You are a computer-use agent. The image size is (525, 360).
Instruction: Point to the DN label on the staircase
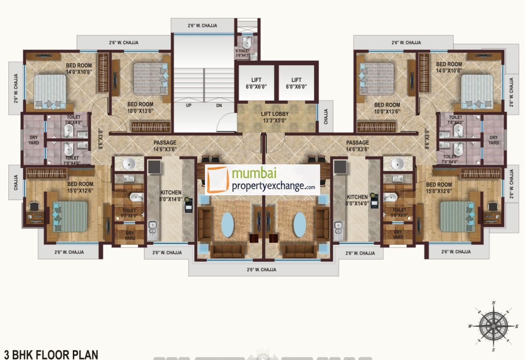(x=219, y=105)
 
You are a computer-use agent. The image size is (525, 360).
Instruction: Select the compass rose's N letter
(x=494, y=303)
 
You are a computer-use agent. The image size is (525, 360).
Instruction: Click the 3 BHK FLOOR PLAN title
(x=51, y=354)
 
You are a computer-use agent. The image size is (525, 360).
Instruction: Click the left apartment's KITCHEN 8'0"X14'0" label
(x=171, y=195)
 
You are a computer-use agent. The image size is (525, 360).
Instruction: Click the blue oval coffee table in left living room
(x=227, y=224)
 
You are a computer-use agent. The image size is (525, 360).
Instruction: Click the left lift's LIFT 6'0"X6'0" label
(x=256, y=83)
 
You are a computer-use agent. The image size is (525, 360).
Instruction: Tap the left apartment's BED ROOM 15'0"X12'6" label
(x=80, y=187)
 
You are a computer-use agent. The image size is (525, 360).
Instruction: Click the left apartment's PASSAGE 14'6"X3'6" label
(x=165, y=146)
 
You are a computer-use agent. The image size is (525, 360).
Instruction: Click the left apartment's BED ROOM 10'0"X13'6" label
(x=141, y=108)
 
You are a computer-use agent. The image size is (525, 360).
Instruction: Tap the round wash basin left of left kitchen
(x=128, y=163)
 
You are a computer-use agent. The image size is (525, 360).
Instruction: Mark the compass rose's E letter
(x=517, y=326)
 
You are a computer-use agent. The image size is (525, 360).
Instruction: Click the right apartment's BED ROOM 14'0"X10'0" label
(x=449, y=67)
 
